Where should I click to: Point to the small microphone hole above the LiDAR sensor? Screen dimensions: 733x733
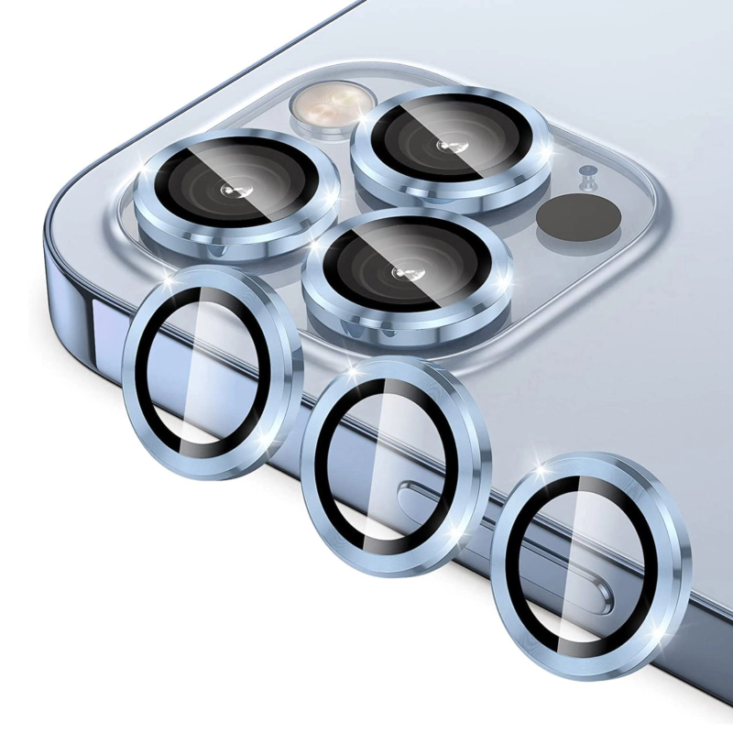(x=584, y=172)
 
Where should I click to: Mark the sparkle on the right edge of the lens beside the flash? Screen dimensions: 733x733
(x=548, y=147)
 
